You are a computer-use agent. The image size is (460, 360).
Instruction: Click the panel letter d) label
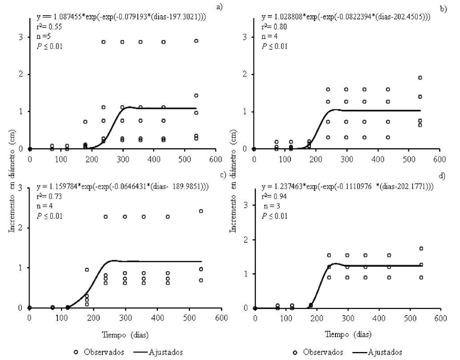(x=442, y=176)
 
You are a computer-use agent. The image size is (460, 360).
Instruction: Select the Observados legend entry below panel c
(x=103, y=352)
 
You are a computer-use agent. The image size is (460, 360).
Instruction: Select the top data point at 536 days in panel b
(x=420, y=78)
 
